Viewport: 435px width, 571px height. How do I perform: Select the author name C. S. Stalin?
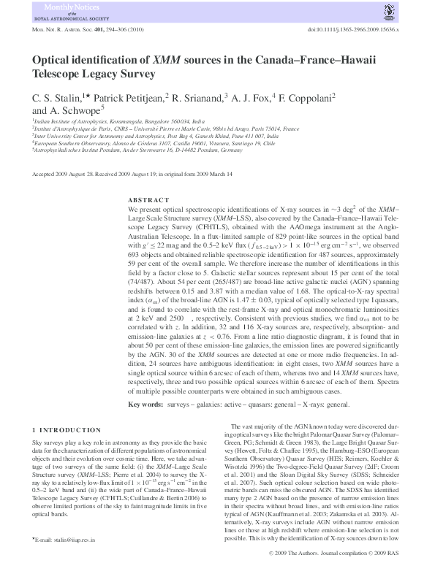tap(57, 96)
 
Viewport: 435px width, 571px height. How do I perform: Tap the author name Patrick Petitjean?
tap(128, 96)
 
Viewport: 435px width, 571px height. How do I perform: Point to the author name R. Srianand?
tap(199, 96)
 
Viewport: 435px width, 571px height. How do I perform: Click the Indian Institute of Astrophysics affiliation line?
tap(108, 120)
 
